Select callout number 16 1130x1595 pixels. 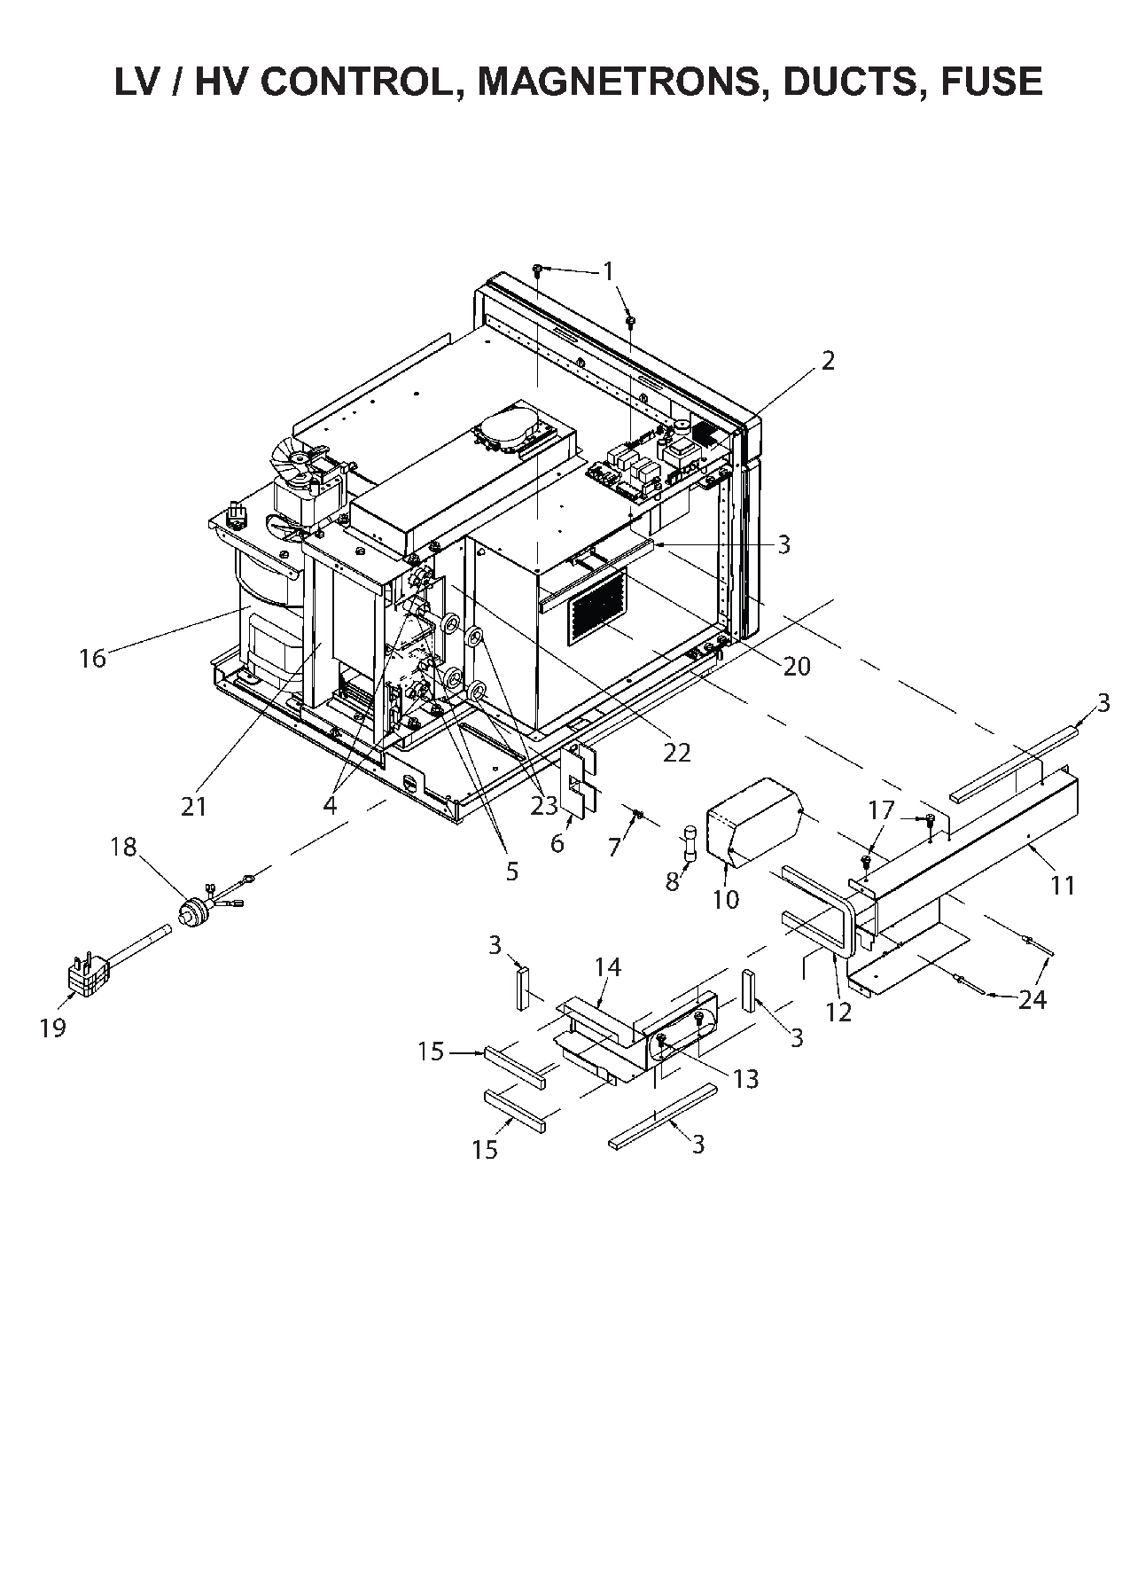[92, 658]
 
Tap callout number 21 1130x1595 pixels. [194, 806]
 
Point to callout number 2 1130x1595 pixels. [828, 361]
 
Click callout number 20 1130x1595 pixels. [797, 666]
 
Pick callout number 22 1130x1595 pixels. [676, 752]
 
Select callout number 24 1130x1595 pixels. [1033, 999]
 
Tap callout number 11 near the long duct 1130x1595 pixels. [1062, 884]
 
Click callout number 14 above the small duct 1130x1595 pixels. [607, 966]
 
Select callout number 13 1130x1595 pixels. [746, 1079]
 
